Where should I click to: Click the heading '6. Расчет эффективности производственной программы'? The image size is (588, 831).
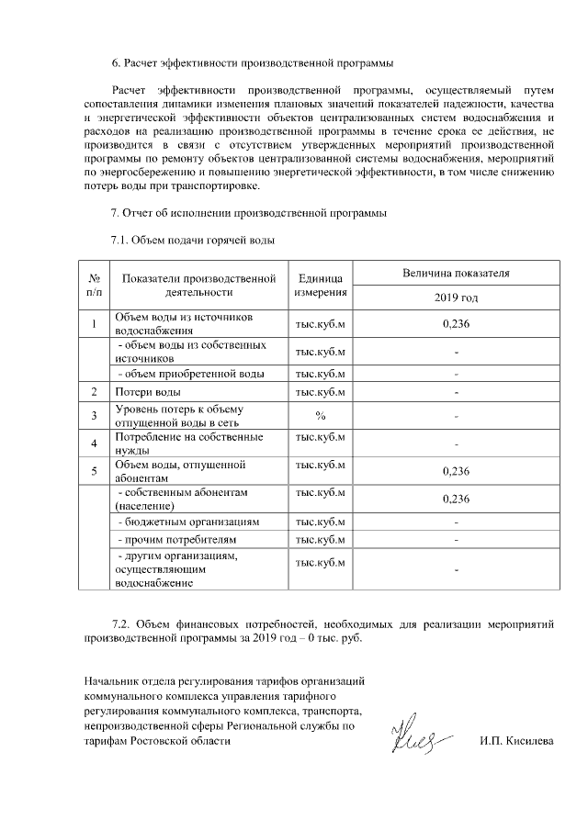coord(252,63)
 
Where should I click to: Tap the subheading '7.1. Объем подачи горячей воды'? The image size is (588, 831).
coord(193,241)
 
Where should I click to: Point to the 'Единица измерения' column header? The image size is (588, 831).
coord(320,284)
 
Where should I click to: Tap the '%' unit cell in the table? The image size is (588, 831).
coord(320,416)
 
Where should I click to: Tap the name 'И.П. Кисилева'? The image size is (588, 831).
coord(516,741)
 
